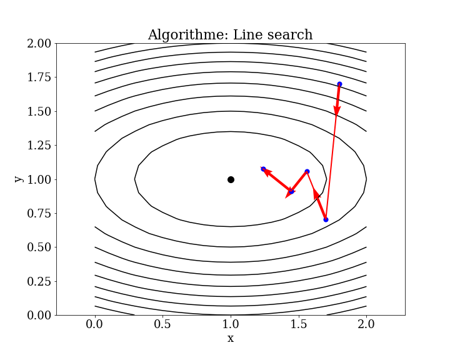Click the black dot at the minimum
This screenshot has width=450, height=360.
[x=231, y=179]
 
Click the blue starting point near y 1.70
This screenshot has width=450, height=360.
[x=339, y=84]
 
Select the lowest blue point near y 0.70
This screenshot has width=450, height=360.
[x=326, y=219]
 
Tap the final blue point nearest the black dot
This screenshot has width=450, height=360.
[x=263, y=169]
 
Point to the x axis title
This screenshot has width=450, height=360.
[x=231, y=339]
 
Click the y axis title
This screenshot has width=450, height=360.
[x=19, y=179]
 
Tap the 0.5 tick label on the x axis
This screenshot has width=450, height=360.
[x=162, y=325]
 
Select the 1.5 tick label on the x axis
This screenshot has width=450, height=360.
[x=298, y=325]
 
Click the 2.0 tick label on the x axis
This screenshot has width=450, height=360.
[x=366, y=325]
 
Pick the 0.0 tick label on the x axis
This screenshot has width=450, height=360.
[x=95, y=325]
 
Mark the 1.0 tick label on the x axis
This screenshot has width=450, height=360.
[x=231, y=325]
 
